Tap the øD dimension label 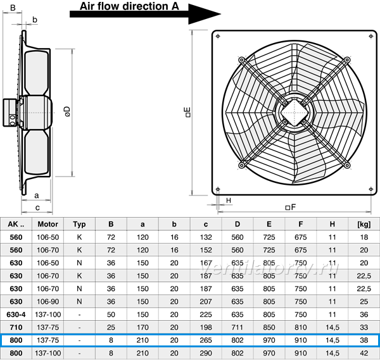tap(68, 111)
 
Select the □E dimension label tap(188, 113)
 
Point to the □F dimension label tap(291, 208)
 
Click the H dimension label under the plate tap(229, 201)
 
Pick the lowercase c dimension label tap(37, 208)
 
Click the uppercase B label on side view tap(13, 8)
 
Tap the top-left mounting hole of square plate tap(218, 36)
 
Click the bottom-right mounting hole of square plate tap(370, 189)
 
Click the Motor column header tap(47, 224)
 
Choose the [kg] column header tap(364, 224)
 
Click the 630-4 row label tap(16, 314)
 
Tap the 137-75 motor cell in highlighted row tap(47, 340)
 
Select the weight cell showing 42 tap(364, 353)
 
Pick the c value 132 tap(206, 237)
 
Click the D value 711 tap(237, 327)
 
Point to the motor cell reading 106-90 tap(47, 302)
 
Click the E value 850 tap(269, 327)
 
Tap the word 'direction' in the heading tap(146, 6)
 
